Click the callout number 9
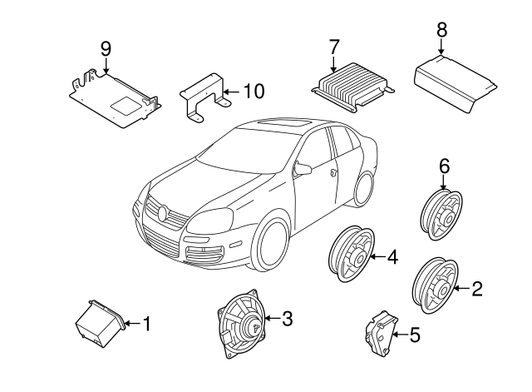pyautogui.click(x=106, y=48)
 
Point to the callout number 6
pyautogui.click(x=443, y=167)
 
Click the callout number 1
pyautogui.click(x=147, y=323)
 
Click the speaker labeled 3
pyautogui.click(x=241, y=323)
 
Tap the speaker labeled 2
pyautogui.click(x=434, y=285)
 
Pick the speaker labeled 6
pyautogui.click(x=441, y=216)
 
